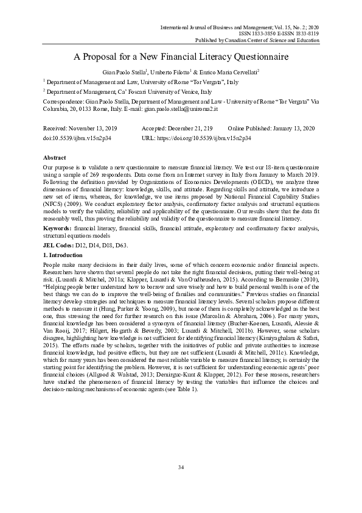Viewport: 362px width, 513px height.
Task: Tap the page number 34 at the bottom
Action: point(181,484)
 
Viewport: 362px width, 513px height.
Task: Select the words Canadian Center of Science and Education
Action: point(277,40)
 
